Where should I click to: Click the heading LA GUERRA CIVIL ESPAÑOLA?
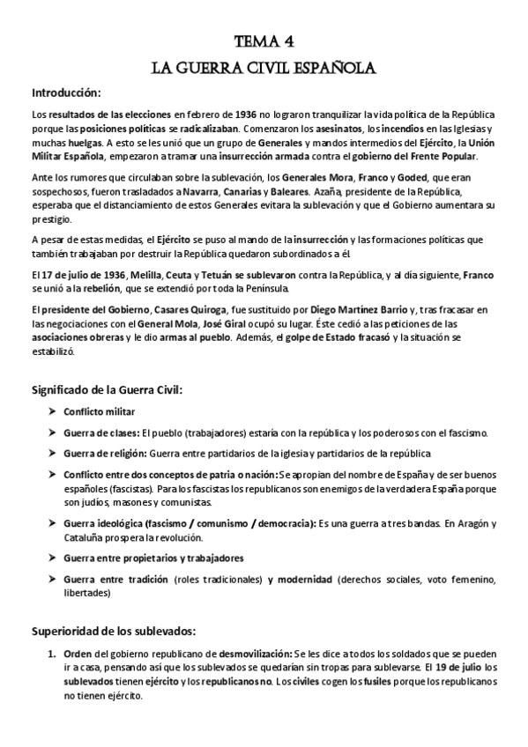(x=264, y=67)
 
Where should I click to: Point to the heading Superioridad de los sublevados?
(x=114, y=631)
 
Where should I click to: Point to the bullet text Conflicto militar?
(x=100, y=410)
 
